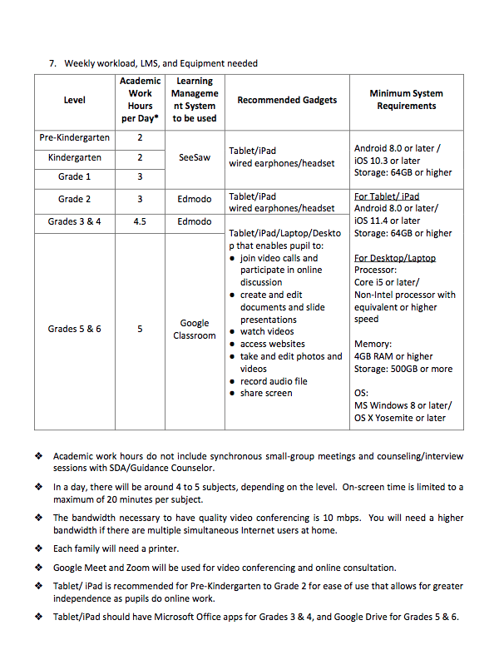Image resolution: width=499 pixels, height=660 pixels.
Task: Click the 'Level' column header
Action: pos(75,100)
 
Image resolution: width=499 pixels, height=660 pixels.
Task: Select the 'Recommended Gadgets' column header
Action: pos(287,100)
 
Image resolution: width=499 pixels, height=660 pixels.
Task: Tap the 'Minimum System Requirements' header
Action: pos(406,100)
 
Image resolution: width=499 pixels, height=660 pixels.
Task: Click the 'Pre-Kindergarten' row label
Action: pos(75,137)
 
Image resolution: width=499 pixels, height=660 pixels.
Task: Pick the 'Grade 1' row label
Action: pos(75,176)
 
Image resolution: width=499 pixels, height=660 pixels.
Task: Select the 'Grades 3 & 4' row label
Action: pos(75,221)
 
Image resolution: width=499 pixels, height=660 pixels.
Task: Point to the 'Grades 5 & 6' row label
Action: pos(75,329)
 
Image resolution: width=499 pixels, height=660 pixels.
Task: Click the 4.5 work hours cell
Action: pos(140,221)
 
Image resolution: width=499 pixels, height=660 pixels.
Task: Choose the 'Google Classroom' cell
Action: pos(195,330)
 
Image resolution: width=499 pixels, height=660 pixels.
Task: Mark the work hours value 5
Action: pos(140,329)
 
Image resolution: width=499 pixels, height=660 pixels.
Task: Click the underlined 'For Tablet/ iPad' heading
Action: pos(387,196)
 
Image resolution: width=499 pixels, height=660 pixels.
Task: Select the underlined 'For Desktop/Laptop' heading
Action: pos(395,258)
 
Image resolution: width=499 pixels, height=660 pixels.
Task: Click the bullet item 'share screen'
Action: pos(266,393)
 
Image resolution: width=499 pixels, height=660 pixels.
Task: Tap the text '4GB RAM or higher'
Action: pos(393,356)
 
